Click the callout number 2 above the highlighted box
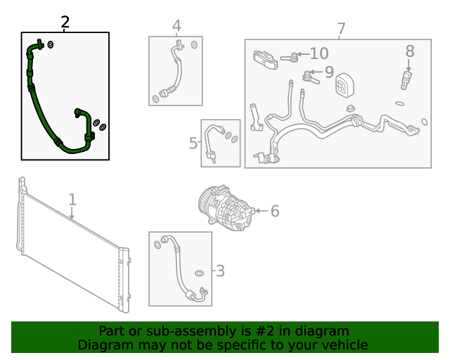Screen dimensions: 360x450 (x=65, y=22)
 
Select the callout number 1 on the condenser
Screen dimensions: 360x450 (x=72, y=201)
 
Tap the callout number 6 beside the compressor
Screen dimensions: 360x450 (x=274, y=211)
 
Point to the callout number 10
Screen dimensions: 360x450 (x=319, y=53)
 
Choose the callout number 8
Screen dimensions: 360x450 (x=409, y=51)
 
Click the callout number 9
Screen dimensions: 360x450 (x=328, y=72)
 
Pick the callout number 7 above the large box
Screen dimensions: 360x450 (x=341, y=30)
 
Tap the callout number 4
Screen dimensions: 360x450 (x=176, y=26)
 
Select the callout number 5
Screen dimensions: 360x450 (x=193, y=143)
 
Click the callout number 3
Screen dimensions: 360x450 (x=219, y=271)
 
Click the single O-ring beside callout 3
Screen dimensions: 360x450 (x=199, y=272)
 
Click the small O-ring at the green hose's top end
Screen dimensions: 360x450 (x=51, y=45)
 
